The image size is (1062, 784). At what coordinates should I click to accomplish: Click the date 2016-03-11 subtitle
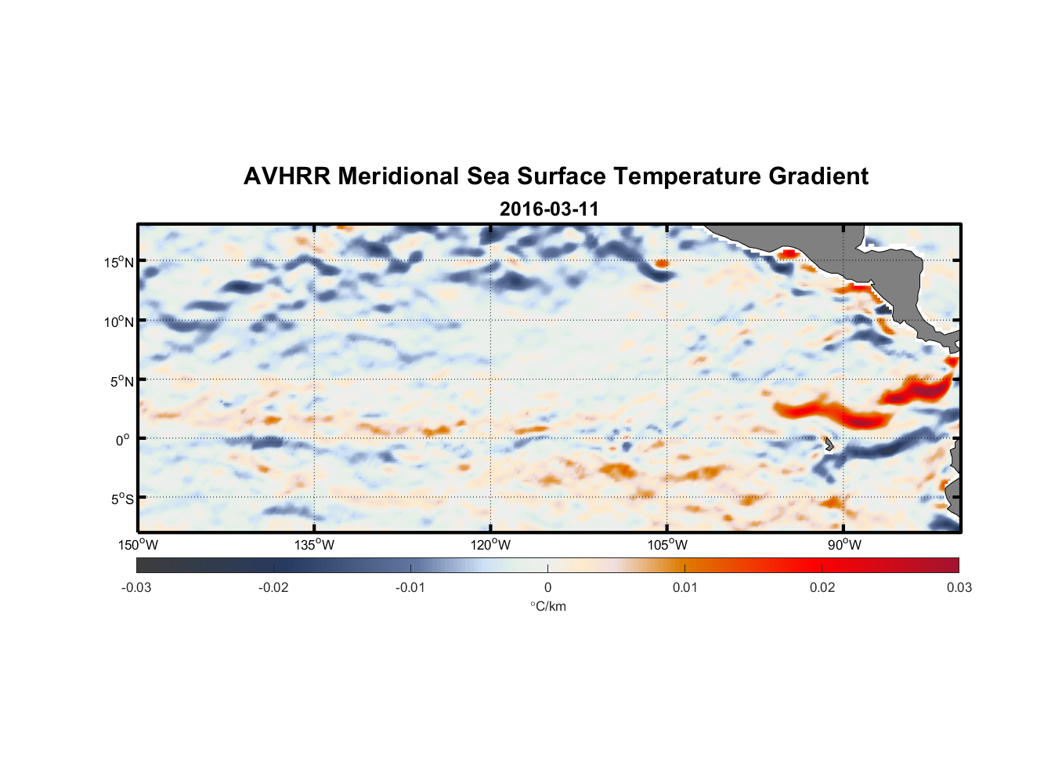pos(549,209)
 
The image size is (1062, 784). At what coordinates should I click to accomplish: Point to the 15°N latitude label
pos(119,263)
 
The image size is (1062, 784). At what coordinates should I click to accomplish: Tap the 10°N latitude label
pos(119,322)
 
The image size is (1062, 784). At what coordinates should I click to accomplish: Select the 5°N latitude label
pos(121,382)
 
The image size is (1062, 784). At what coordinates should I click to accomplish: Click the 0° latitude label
pos(123,441)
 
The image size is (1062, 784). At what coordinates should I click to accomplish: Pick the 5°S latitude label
pos(121,499)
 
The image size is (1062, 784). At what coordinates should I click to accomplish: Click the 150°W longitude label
pos(138,545)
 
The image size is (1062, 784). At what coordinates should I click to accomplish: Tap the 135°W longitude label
pos(314,545)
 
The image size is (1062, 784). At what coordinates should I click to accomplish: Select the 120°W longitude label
pos(490,545)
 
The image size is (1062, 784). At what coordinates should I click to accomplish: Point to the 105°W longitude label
pos(667,545)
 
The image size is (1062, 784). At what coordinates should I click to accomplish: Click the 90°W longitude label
pos(844,545)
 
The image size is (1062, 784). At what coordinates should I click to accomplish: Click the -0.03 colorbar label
pos(136,587)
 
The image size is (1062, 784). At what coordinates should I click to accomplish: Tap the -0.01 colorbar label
pos(410,587)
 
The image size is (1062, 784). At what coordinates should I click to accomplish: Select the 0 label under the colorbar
pos(547,587)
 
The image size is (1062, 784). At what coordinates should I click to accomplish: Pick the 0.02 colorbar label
pos(822,587)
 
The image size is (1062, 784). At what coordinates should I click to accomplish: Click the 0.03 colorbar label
pos(959,587)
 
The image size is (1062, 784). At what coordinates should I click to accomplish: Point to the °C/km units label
pos(547,606)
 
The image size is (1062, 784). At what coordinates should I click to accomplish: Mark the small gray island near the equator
pos(828,444)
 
